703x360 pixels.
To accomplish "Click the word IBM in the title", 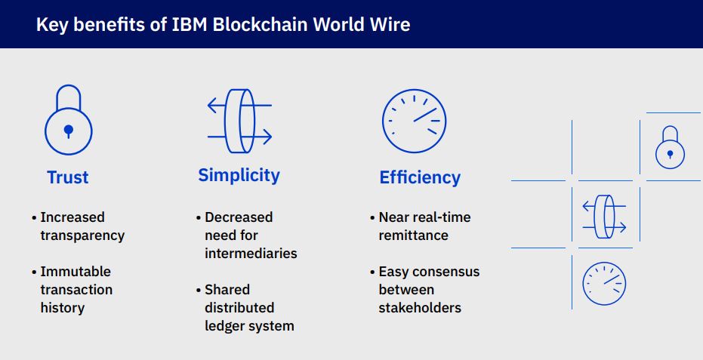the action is [x=190, y=24].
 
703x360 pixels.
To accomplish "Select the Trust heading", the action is [x=68, y=177].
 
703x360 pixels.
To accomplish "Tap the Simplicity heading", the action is [x=239, y=175].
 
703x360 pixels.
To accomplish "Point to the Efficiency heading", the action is [x=420, y=177].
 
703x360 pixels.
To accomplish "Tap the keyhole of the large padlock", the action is [x=69, y=131].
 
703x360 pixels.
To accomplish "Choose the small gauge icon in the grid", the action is [x=604, y=284].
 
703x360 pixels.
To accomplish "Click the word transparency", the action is [x=82, y=235].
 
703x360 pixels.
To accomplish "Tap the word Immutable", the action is [x=76, y=271].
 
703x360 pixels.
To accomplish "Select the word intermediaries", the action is [x=251, y=254].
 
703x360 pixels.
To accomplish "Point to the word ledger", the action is [x=223, y=326].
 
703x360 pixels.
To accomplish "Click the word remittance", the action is [x=413, y=235].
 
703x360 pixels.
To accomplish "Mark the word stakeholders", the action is [x=420, y=308].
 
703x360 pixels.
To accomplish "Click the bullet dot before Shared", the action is [x=199, y=291].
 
